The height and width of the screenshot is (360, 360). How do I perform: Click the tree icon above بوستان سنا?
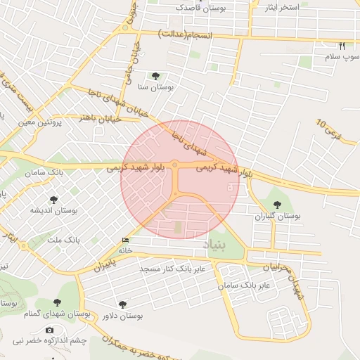[x=155, y=76]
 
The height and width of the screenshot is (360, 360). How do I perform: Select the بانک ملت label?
[x=64, y=240]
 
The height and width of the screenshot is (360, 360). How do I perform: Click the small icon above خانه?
[x=126, y=240]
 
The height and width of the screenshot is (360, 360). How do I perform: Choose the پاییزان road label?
[x=103, y=266]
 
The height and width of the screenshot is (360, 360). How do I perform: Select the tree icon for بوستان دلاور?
[x=123, y=304]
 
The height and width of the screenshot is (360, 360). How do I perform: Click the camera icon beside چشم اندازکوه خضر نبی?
[x=49, y=330]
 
